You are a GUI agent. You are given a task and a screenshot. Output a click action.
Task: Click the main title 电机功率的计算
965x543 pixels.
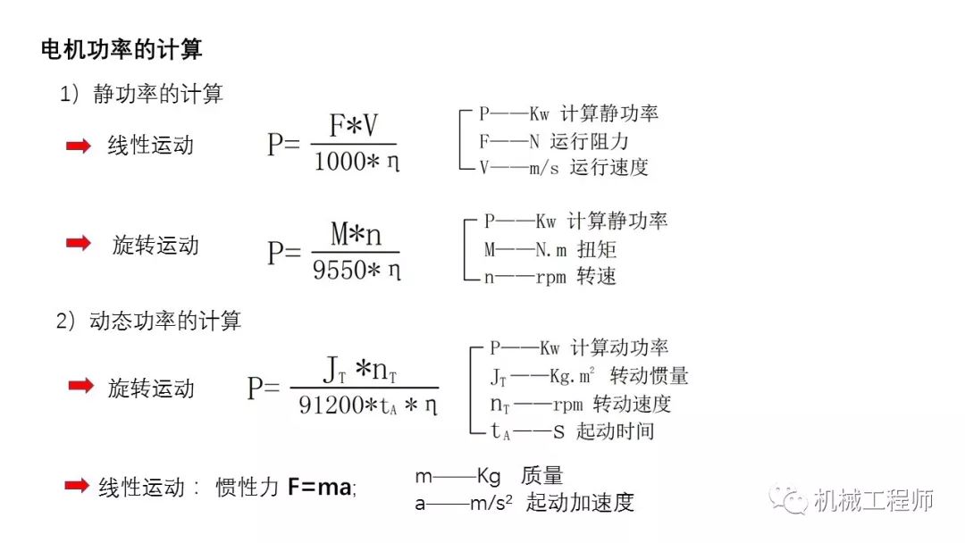click(x=122, y=48)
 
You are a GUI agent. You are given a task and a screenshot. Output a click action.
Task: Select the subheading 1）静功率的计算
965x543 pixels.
click(x=140, y=94)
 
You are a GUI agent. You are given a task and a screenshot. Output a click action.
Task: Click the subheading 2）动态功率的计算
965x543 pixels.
click(x=148, y=321)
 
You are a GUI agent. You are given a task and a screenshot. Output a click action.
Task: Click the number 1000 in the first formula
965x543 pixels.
click(x=334, y=163)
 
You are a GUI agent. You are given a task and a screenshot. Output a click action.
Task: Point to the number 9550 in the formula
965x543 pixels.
click(x=334, y=270)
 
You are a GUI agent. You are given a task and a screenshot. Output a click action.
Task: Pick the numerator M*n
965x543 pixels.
click(x=356, y=235)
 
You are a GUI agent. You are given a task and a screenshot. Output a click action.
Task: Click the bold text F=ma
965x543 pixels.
click(x=320, y=488)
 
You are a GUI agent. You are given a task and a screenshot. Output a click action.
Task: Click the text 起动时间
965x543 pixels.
click(x=616, y=430)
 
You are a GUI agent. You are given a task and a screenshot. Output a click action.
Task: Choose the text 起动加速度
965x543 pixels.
click(x=580, y=503)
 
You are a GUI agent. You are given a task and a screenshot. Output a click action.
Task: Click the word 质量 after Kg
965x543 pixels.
click(x=541, y=476)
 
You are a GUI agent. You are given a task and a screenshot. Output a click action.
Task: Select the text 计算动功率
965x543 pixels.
click(x=619, y=347)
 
